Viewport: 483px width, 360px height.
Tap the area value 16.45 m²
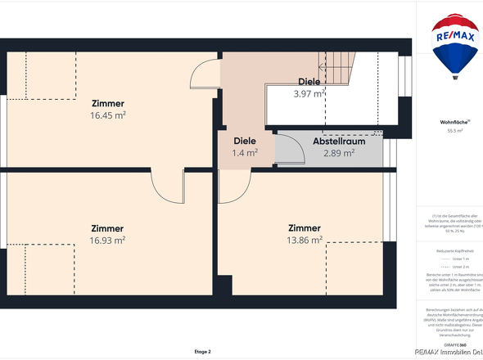click(x=108, y=116)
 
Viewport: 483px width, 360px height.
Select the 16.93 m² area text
click(x=108, y=241)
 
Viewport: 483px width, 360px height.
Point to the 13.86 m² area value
click(x=305, y=240)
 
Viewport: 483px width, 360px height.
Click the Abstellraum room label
click(x=333, y=141)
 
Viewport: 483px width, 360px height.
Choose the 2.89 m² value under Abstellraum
click(x=337, y=153)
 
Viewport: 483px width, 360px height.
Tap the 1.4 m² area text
click(x=245, y=153)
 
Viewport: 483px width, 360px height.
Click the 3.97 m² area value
click(x=309, y=94)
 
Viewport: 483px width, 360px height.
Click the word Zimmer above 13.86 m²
click(x=305, y=227)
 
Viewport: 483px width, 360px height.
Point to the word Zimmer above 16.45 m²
click(x=108, y=104)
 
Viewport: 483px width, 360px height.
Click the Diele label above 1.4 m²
click(x=245, y=141)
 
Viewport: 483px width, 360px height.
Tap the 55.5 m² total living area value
click(x=455, y=131)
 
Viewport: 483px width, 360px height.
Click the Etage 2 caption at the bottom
click(x=203, y=351)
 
